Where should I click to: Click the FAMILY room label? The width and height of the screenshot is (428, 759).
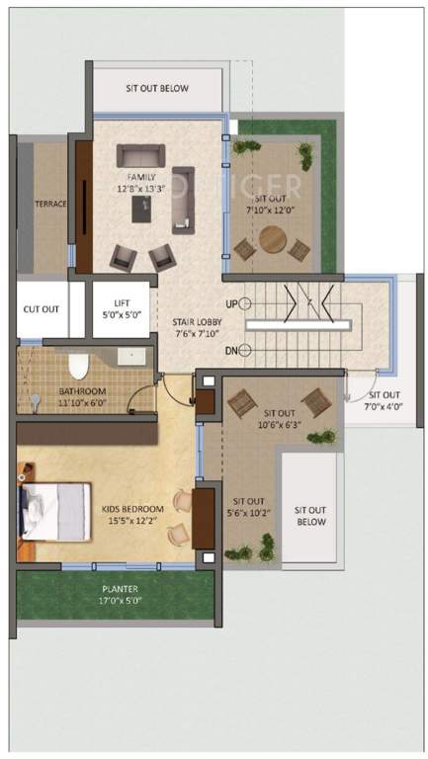point(139,178)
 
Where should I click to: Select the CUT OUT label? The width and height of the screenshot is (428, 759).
point(41,308)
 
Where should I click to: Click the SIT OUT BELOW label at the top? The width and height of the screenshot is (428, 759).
point(157,88)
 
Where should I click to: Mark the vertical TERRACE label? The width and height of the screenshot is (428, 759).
point(50,205)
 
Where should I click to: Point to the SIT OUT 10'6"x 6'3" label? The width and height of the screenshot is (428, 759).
point(280,419)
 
